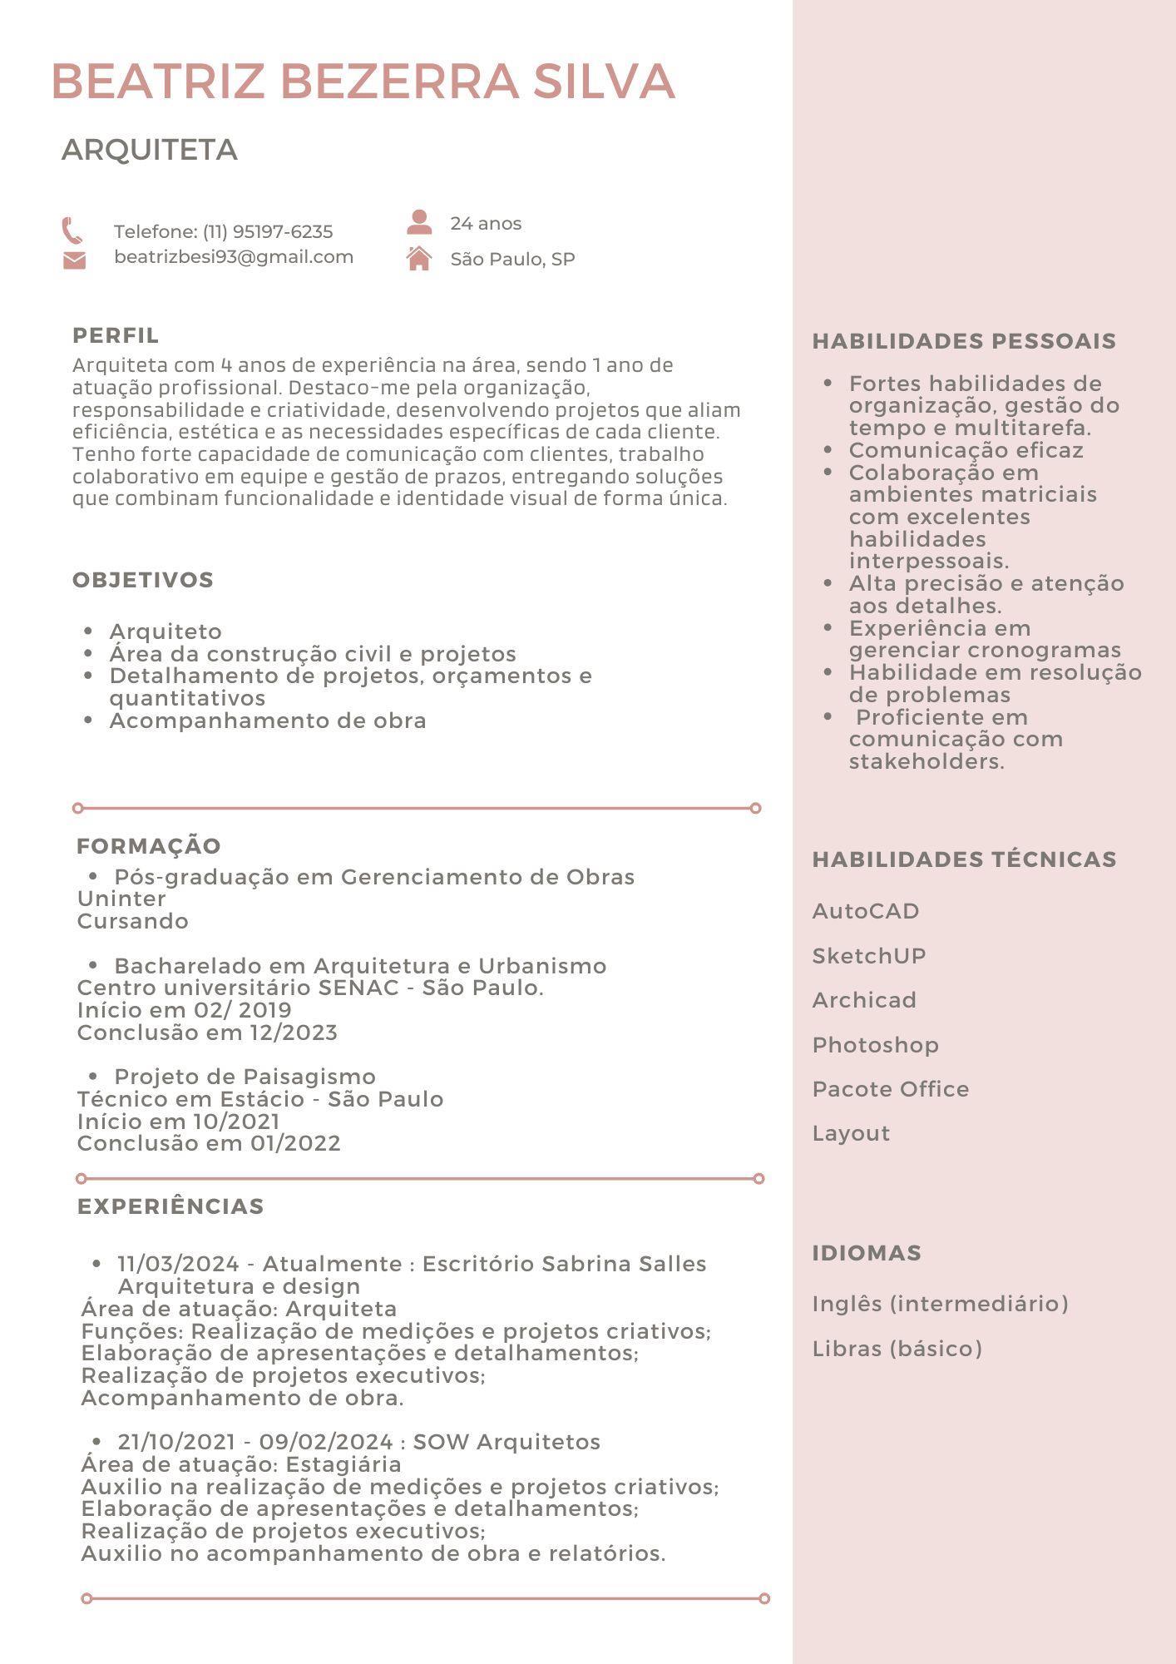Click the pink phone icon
pyautogui.click(x=72, y=230)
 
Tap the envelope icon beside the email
pyautogui.click(x=74, y=260)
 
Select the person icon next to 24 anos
pyautogui.click(x=419, y=222)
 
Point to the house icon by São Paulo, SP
pyautogui.click(x=419, y=258)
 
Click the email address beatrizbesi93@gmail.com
pyautogui.click(x=234, y=257)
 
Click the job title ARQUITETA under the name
pyautogui.click(x=150, y=150)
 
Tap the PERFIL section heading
pyautogui.click(x=116, y=335)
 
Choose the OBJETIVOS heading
pyautogui.click(x=143, y=580)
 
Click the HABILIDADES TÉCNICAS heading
pyautogui.click(x=964, y=859)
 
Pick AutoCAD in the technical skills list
pyautogui.click(x=866, y=911)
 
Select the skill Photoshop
pyautogui.click(x=875, y=1045)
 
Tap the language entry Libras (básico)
pyautogui.click(x=897, y=1349)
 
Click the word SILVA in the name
pyautogui.click(x=604, y=82)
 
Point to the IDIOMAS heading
pyautogui.click(x=867, y=1253)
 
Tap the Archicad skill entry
pyautogui.click(x=864, y=1000)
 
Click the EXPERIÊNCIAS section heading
pyautogui.click(x=170, y=1206)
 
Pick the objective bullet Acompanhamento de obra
pyautogui.click(x=268, y=721)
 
